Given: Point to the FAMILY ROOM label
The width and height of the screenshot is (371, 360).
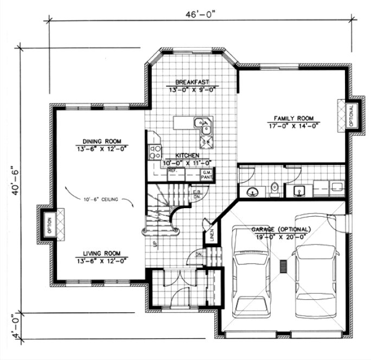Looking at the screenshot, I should [293, 118].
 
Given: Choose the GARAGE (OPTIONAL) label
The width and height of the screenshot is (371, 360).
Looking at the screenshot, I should [281, 229].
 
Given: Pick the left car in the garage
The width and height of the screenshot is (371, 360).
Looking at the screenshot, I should [251, 273].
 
